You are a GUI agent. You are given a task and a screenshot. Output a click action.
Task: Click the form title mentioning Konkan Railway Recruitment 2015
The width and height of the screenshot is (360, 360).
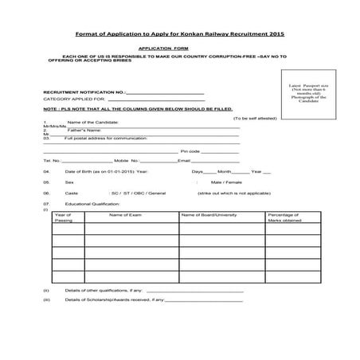(x=179, y=36)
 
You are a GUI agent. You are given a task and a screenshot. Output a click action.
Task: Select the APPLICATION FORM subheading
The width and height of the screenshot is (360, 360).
(x=179, y=49)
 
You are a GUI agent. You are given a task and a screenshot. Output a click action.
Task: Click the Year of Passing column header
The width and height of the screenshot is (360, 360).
(x=63, y=217)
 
